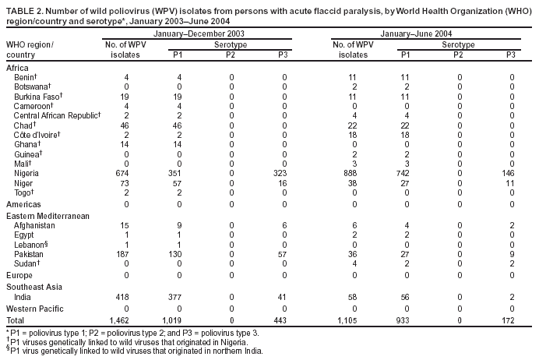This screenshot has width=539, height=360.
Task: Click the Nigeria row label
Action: (x=28, y=171)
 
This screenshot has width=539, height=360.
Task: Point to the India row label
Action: (x=24, y=298)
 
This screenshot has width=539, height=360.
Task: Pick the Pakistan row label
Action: (x=30, y=252)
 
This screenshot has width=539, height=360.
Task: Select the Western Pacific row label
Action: (x=33, y=309)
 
